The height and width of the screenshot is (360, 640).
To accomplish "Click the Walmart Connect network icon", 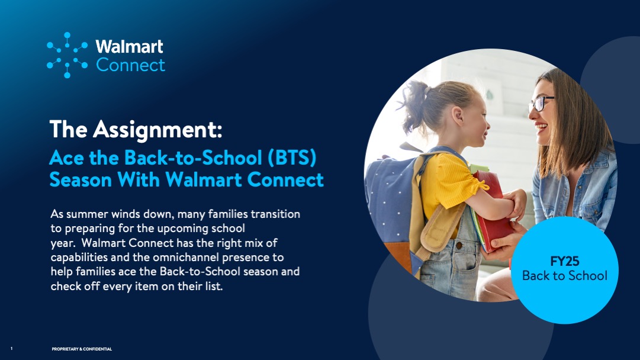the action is tap(67, 55).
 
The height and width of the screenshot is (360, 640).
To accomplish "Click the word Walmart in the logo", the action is tap(130, 47).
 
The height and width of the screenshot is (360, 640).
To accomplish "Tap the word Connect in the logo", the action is tap(131, 65).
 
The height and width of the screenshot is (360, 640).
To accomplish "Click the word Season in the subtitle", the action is tap(81, 179).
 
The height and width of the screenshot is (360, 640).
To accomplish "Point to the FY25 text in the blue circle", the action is tap(565, 261).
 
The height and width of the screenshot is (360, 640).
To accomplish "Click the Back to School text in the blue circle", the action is tap(565, 276).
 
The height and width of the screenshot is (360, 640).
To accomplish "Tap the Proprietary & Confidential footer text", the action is tap(82, 349).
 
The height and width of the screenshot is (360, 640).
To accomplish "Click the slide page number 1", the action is tap(11, 349).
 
